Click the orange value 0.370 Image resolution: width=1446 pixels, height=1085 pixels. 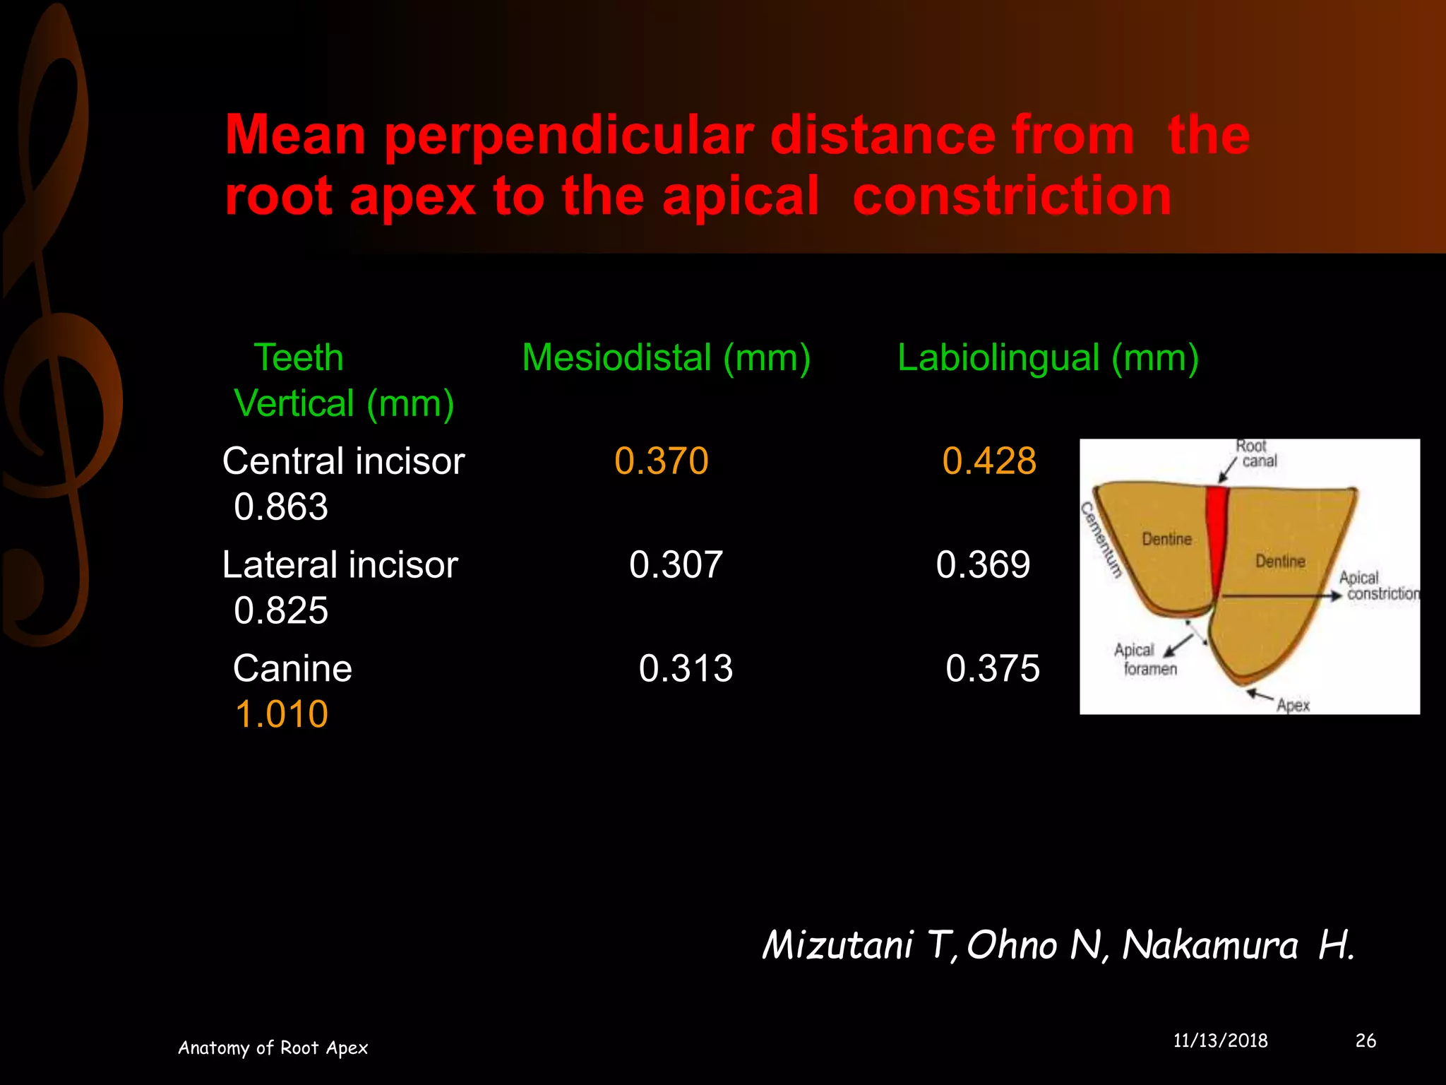click(661, 461)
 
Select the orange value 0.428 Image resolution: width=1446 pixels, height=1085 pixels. click(988, 461)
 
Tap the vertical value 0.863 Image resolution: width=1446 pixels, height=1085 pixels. click(281, 507)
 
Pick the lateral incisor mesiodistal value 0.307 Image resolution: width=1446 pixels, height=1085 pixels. click(676, 565)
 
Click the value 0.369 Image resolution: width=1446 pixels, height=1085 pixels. click(983, 565)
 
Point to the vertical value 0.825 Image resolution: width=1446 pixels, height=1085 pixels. click(281, 610)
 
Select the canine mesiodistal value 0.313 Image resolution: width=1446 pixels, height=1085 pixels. click(686, 668)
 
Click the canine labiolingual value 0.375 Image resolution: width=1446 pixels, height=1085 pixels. click(992, 668)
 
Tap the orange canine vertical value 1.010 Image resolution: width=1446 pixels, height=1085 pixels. click(281, 714)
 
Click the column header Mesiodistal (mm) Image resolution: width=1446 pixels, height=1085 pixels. click(666, 357)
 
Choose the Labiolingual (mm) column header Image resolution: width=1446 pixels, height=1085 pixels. click(1048, 357)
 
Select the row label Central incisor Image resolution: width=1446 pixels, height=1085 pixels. click(343, 461)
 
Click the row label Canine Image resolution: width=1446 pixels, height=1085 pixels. click(292, 668)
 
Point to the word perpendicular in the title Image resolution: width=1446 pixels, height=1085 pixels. click(568, 136)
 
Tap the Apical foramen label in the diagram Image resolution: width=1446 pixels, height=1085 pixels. click(1145, 659)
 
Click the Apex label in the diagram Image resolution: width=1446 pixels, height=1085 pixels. click(1293, 705)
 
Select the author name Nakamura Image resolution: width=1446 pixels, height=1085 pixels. click(1209, 945)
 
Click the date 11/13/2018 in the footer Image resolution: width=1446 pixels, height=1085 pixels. click(1220, 1040)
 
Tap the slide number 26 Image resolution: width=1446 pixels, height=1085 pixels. click(1366, 1040)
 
